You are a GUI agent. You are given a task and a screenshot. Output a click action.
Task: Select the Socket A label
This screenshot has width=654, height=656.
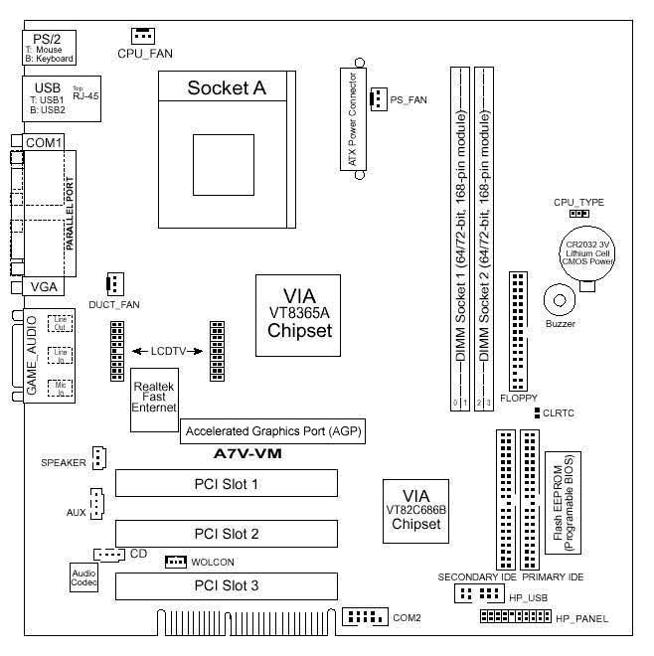[x=227, y=88]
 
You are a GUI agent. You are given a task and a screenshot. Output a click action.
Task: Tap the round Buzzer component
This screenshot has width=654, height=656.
[x=560, y=298]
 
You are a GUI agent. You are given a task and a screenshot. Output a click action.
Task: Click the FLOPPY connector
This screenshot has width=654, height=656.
[x=518, y=329]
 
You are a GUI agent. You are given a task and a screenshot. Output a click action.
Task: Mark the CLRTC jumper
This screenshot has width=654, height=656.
[x=536, y=410]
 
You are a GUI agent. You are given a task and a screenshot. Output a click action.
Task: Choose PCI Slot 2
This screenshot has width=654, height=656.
[x=227, y=534]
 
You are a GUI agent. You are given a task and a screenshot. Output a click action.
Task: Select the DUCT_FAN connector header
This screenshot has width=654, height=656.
[x=113, y=283]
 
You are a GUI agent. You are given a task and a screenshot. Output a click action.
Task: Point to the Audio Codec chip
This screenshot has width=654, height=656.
[x=84, y=579]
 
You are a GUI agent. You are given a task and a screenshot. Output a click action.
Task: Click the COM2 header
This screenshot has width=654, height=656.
[x=363, y=617]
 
